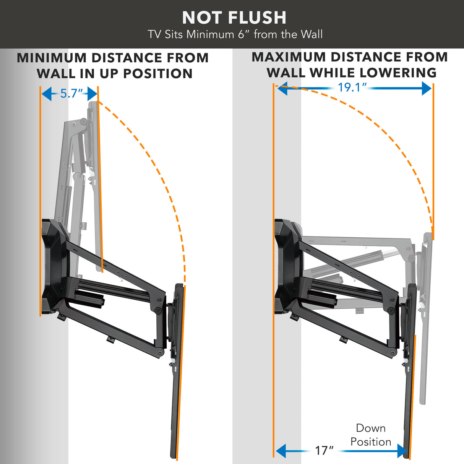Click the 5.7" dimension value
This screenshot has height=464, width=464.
[71, 94]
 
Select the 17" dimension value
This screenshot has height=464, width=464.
[324, 451]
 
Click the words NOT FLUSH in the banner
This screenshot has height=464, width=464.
[234, 18]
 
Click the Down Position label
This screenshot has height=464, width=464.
[370, 435]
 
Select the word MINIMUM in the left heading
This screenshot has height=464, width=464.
[52, 58]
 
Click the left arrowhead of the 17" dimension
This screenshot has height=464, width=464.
[281, 451]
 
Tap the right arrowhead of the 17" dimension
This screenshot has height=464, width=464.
[402, 451]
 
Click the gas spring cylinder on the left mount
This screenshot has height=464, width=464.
[89, 299]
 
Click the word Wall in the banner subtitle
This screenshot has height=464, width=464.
[311, 34]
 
